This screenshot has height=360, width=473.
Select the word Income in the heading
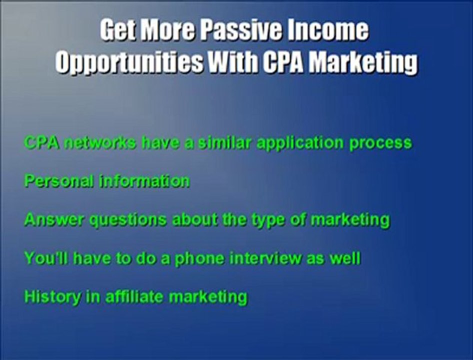(334, 31)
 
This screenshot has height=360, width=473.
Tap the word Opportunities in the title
(129, 63)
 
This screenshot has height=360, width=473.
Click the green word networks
(100, 142)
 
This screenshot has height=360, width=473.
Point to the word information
(144, 180)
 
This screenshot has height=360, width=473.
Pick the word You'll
(42, 258)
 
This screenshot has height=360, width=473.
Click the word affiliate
(134, 296)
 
